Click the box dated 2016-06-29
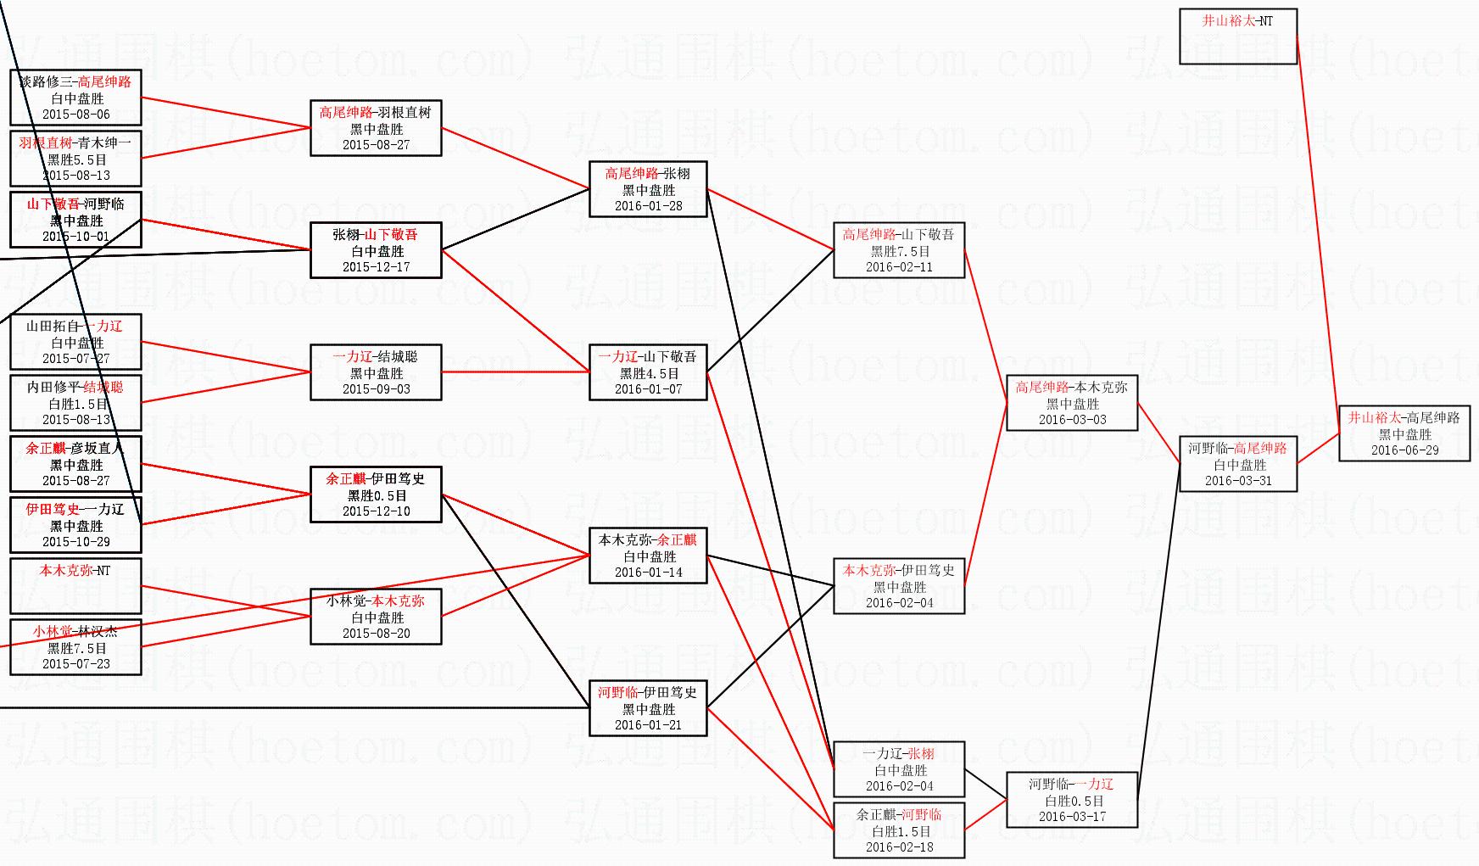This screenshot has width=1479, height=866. (1404, 433)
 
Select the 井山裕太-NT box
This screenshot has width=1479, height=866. (1238, 36)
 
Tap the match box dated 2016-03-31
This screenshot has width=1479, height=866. (1238, 464)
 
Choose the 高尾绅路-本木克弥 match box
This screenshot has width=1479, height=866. (1072, 403)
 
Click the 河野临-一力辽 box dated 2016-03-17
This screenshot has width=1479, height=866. (1072, 800)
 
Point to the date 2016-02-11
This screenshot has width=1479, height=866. (899, 267)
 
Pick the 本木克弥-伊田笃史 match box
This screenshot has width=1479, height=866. (899, 586)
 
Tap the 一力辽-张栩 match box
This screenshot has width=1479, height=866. (899, 769)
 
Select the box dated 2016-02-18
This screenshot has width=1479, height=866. (899, 830)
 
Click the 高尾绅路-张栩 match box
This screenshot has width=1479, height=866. (648, 189)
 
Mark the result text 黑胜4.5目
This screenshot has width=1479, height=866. (649, 373)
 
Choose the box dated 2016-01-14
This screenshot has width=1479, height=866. (648, 556)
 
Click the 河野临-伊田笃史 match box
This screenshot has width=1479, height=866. (648, 708)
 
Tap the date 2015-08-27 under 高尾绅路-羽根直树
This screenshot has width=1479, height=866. (376, 145)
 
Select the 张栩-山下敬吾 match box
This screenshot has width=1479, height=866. (376, 250)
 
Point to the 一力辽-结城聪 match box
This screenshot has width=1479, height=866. (376, 372)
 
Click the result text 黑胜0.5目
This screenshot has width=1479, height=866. (377, 495)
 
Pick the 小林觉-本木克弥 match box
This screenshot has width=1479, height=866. (376, 617)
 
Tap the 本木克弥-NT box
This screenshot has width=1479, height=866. (75, 586)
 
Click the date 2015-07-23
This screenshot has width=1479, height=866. (76, 664)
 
